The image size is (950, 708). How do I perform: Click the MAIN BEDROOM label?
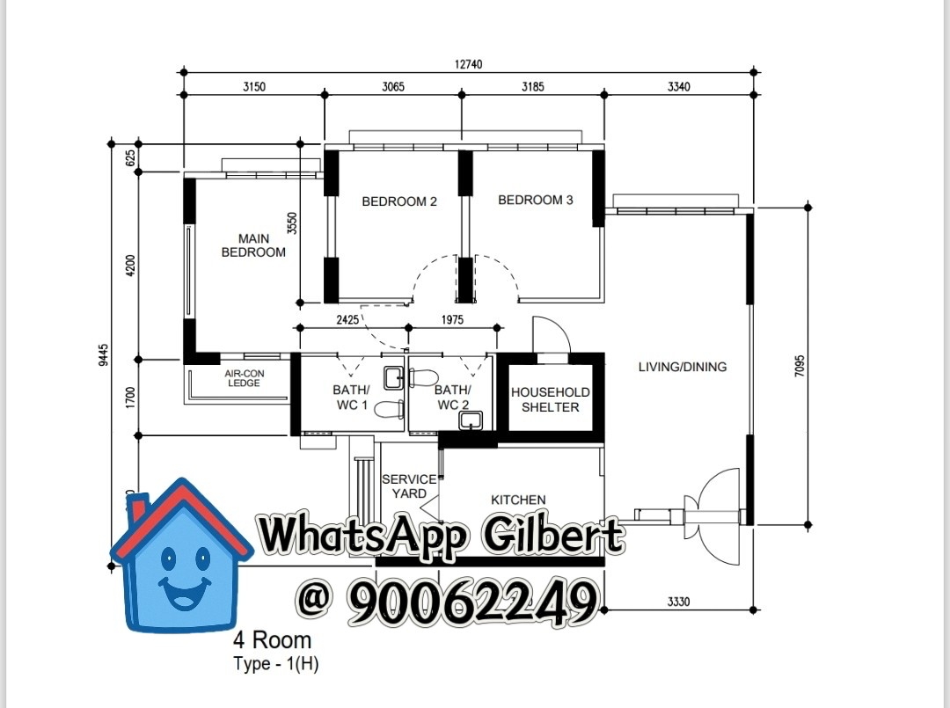point(253,245)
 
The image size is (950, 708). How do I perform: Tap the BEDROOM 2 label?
point(399,201)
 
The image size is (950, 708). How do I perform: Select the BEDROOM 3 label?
point(536,200)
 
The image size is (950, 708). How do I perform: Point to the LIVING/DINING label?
point(683,367)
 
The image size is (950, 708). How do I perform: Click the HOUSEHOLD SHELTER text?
point(550,399)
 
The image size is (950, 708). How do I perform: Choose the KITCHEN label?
point(518,500)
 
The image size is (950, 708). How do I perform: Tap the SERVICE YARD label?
point(409,486)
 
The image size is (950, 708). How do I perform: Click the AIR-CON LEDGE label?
point(245,378)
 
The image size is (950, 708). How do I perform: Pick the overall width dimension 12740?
point(468,64)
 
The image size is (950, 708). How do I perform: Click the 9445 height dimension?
point(104,355)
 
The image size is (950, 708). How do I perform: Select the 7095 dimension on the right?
point(799,367)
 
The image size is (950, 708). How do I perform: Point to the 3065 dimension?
point(393,86)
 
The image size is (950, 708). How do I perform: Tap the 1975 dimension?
point(452,319)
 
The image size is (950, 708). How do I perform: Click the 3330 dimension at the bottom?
point(678,602)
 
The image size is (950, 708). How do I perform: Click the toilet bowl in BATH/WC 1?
point(390,410)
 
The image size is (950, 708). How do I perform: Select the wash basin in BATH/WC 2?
point(471,420)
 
